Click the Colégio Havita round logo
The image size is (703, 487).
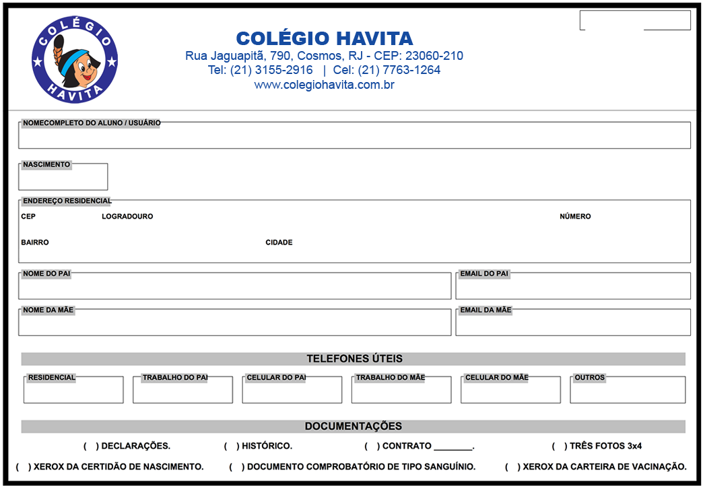pyautogui.click(x=75, y=60)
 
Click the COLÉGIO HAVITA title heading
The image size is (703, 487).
pyautogui.click(x=324, y=38)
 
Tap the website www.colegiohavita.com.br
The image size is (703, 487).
pyautogui.click(x=324, y=85)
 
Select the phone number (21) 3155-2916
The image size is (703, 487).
pyautogui.click(x=271, y=70)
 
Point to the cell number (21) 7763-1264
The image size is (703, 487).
pyautogui.click(x=399, y=70)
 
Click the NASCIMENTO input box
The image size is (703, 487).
pyautogui.click(x=63, y=178)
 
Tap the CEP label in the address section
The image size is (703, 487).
pyautogui.click(x=28, y=217)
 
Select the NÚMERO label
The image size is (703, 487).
pyautogui.click(x=575, y=217)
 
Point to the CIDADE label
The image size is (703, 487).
pyautogui.click(x=279, y=242)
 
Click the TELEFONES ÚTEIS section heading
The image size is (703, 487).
pyautogui.click(x=354, y=359)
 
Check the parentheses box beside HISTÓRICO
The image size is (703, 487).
pyautogui.click(x=232, y=446)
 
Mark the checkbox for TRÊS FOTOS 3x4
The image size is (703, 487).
pyautogui.click(x=560, y=446)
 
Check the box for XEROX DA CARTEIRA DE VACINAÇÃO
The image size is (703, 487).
pyautogui.click(x=512, y=467)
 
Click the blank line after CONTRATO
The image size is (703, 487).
pyautogui.click(x=453, y=446)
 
